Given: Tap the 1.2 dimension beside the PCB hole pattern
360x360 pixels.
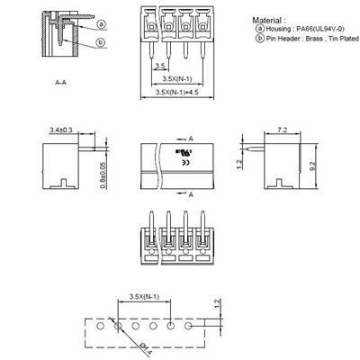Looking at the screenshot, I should pos(217,304).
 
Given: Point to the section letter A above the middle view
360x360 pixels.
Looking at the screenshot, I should pos(191,139).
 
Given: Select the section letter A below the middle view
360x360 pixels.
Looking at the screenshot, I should pos(191,193).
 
